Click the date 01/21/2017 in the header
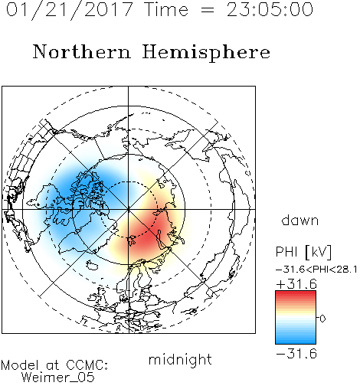click(x=69, y=10)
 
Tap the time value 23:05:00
click(x=270, y=9)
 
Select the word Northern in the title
click(x=82, y=52)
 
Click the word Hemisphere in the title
click(x=206, y=53)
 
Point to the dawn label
click(x=300, y=221)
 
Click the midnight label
click(x=180, y=359)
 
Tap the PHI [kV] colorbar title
click(x=303, y=252)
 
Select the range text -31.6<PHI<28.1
click(x=316, y=270)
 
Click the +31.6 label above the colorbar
click(x=296, y=284)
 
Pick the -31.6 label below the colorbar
click(x=296, y=354)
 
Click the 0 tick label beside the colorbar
click(x=322, y=319)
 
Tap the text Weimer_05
click(x=58, y=378)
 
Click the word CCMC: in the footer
click(x=87, y=365)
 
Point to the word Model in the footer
click(x=20, y=365)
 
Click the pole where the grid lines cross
click(x=128, y=210)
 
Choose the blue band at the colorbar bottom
click(x=296, y=341)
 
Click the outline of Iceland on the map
click(x=92, y=265)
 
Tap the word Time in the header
click(x=166, y=9)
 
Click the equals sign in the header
click(x=208, y=11)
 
